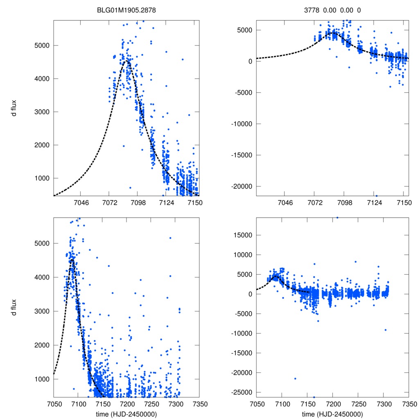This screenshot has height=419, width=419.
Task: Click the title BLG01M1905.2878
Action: tap(126, 10)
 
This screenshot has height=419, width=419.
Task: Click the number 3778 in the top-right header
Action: tap(315, 10)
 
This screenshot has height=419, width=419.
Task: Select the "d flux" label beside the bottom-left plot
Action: tap(14, 307)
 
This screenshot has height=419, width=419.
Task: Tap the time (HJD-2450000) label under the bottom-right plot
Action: tap(332, 414)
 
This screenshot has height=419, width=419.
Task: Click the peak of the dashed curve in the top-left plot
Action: tap(127, 61)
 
